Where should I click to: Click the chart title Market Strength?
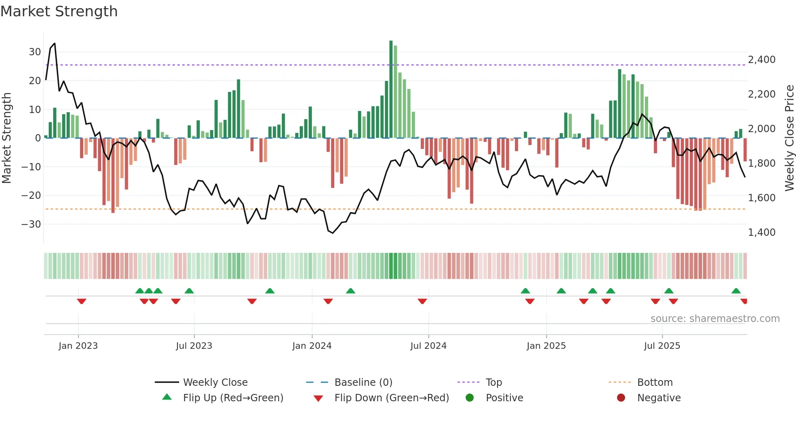(x=59, y=11)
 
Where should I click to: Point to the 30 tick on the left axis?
(x=35, y=52)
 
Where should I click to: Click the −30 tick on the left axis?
(x=32, y=224)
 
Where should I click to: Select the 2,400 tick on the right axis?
(x=761, y=60)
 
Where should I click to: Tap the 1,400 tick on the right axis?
(x=761, y=233)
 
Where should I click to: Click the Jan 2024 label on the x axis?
(x=311, y=346)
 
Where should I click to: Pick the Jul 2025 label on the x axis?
(x=662, y=346)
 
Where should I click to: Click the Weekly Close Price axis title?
(x=789, y=138)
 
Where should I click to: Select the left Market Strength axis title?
(x=7, y=138)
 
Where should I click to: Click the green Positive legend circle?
(x=469, y=398)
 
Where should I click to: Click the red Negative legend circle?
(x=621, y=398)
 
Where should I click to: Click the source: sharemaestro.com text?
(x=715, y=319)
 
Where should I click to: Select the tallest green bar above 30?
(x=391, y=89)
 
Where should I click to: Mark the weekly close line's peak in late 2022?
(x=54, y=43)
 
